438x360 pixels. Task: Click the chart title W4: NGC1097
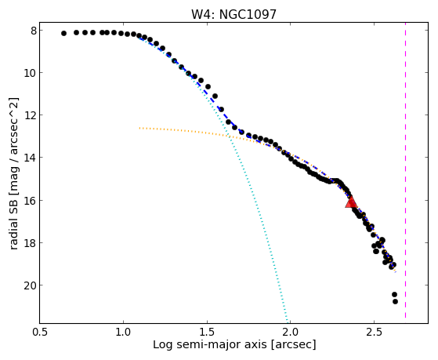coord(233,14)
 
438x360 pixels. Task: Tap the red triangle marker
coord(351,202)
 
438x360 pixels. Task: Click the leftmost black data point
coord(63,33)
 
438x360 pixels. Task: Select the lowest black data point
coord(395,301)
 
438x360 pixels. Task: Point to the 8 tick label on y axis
coord(34,31)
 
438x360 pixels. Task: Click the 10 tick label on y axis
coord(31,73)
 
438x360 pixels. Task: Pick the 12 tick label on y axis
coord(31,115)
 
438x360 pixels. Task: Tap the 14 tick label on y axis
coord(31,158)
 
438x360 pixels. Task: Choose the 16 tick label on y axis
coord(31,200)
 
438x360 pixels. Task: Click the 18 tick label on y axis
coord(31,242)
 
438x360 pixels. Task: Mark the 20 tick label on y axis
coord(31,285)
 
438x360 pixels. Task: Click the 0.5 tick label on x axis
coord(40,332)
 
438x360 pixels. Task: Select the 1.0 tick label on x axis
coord(123,332)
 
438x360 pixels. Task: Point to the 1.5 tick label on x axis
coord(207,332)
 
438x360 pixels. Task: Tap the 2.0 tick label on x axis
coord(291,332)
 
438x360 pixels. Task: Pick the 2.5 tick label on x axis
coord(374,332)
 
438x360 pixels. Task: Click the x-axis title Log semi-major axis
coord(210,344)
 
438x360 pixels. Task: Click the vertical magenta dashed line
coord(405,173)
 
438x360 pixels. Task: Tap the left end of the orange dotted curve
coord(139,128)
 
